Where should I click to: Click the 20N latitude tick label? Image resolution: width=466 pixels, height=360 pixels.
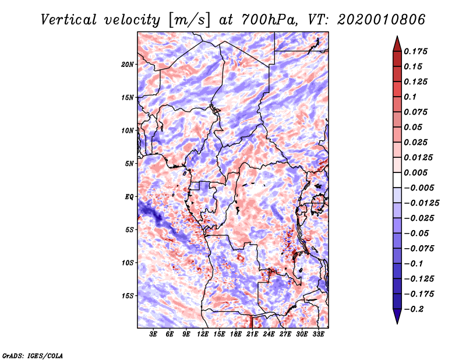(128, 64)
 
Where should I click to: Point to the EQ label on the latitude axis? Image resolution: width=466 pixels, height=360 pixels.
(129, 196)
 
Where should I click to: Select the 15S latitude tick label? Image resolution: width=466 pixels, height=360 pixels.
(128, 295)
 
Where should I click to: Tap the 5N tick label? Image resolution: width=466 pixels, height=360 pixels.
(129, 164)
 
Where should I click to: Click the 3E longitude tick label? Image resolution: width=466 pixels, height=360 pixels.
(154, 334)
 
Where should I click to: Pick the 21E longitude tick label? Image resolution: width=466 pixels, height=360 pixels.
(252, 334)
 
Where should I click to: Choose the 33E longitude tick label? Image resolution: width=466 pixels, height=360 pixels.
(318, 334)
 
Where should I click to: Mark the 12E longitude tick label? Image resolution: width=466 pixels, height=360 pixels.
(203, 334)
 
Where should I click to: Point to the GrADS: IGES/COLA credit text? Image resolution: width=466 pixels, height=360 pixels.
(32, 354)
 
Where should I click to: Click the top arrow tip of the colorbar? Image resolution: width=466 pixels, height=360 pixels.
(397, 37)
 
